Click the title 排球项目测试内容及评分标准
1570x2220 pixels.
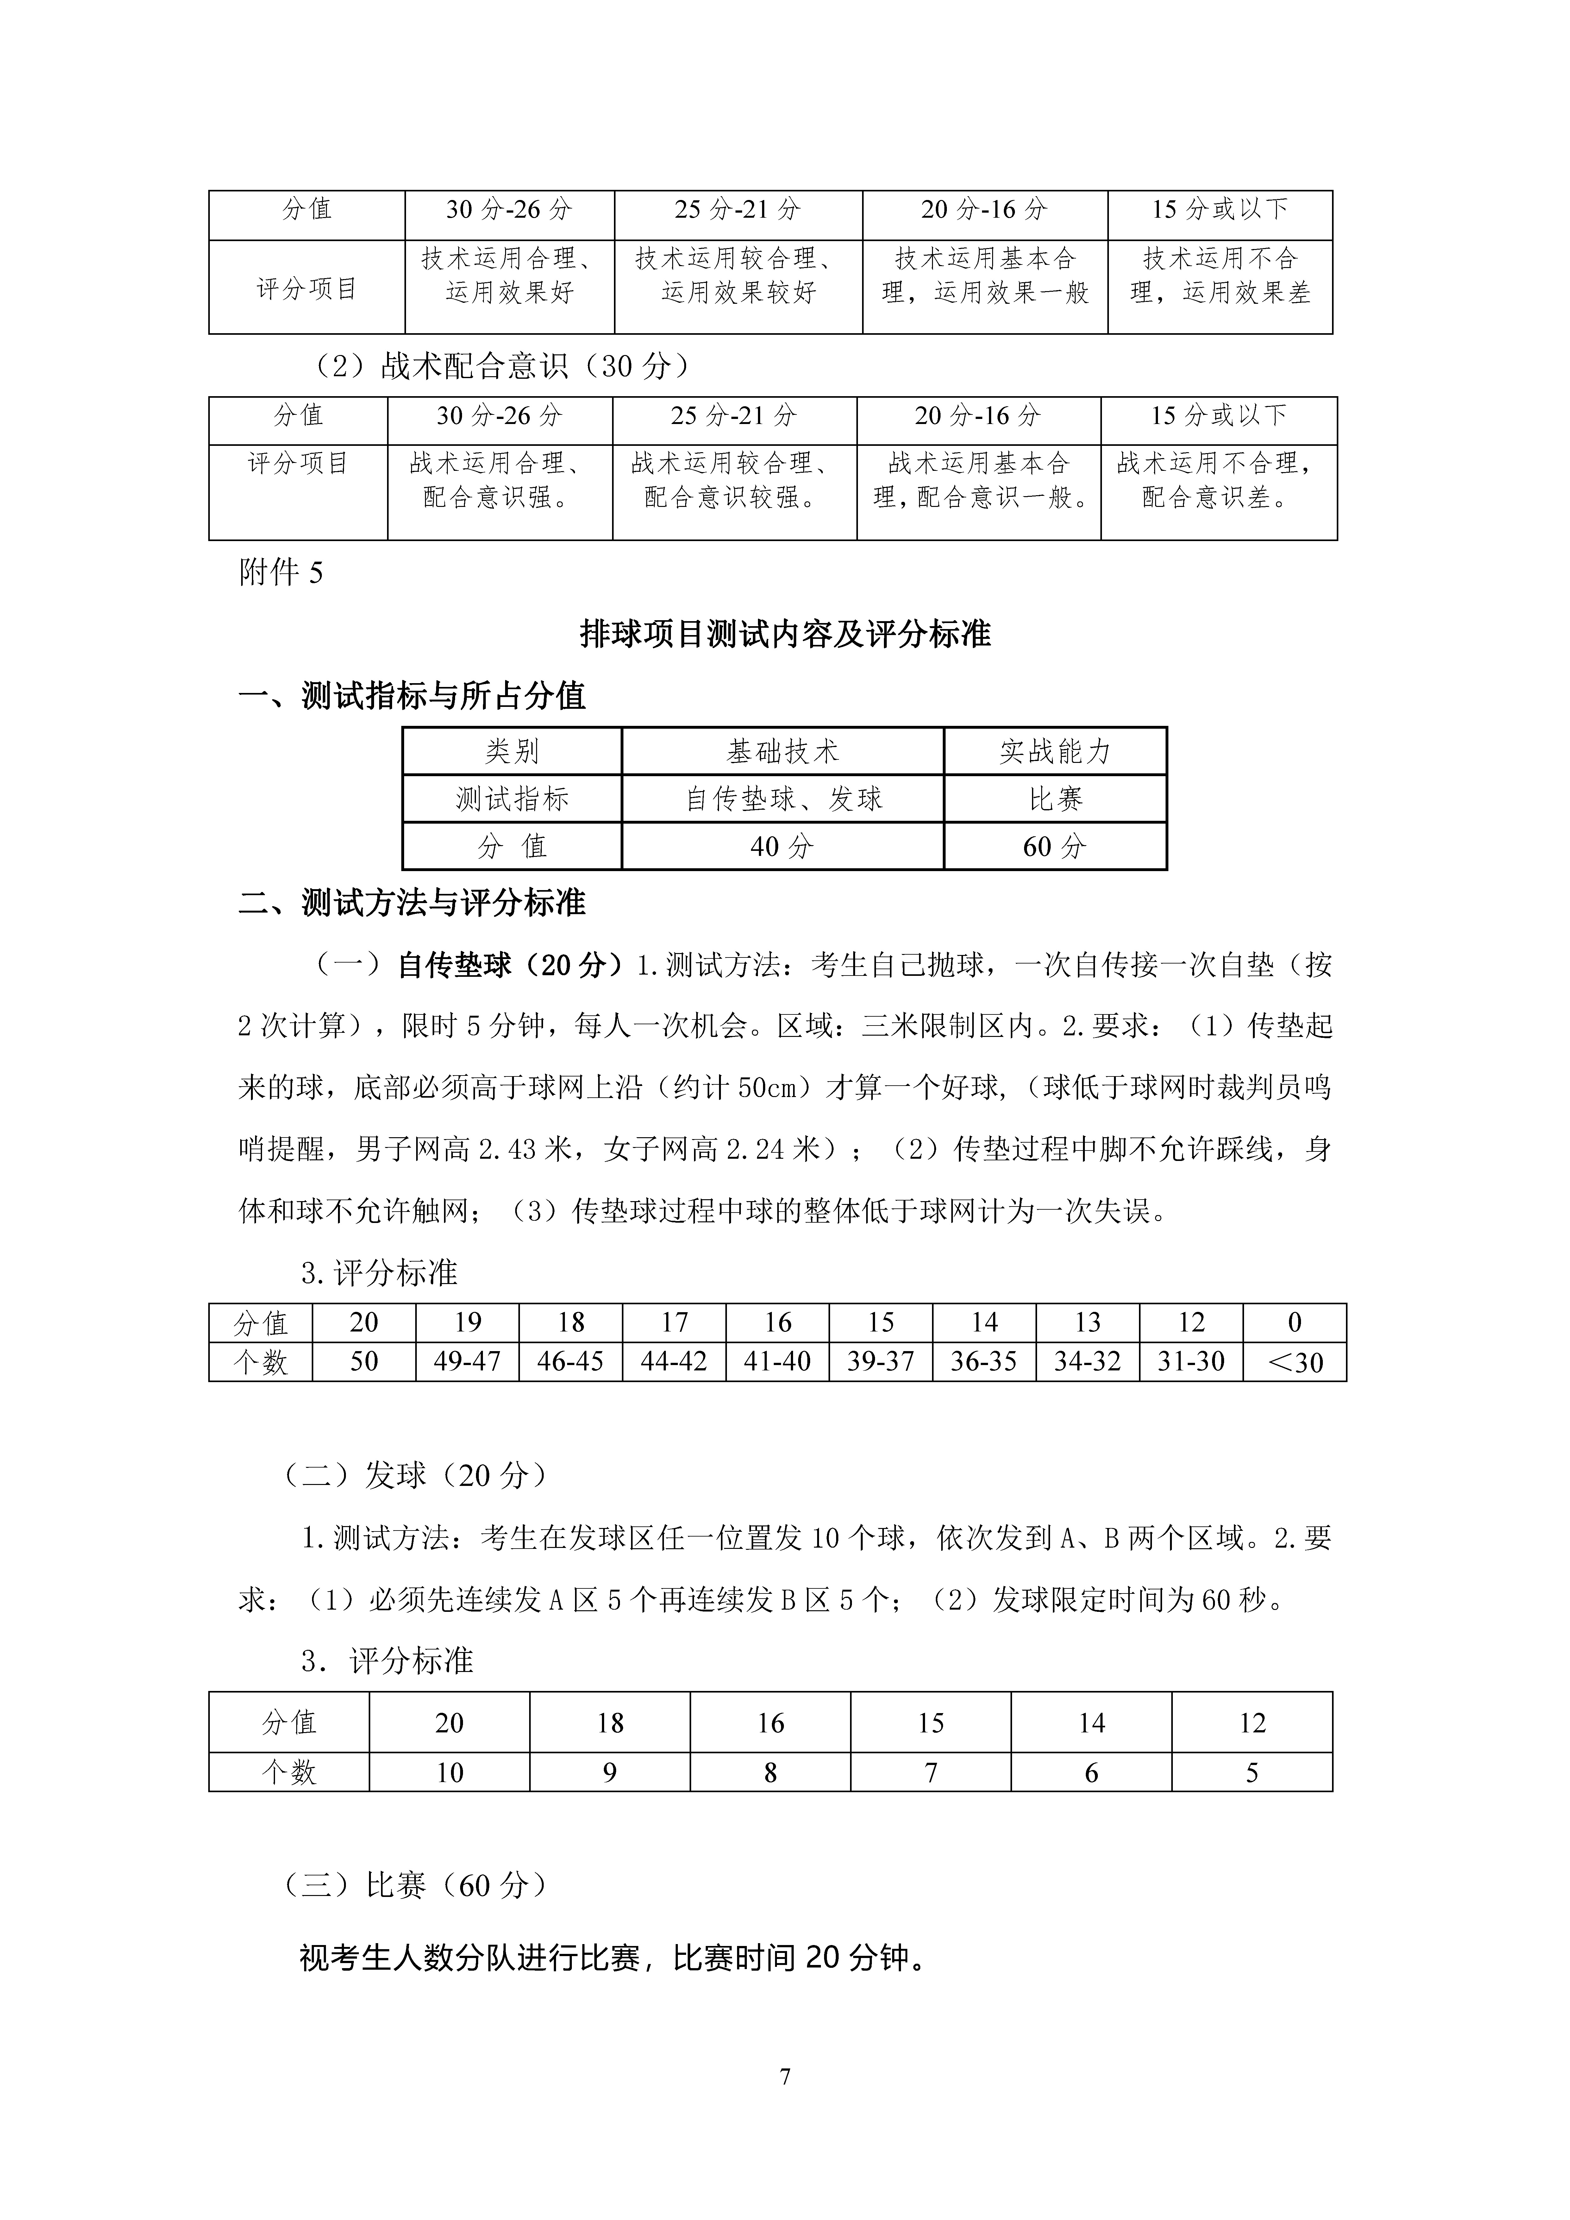coord(785,634)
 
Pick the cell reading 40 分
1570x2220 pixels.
coord(782,847)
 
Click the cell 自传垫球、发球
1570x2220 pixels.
coord(782,799)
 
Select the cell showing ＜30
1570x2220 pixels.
coord(1294,1363)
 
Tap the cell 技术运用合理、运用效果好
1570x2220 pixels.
coord(510,276)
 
